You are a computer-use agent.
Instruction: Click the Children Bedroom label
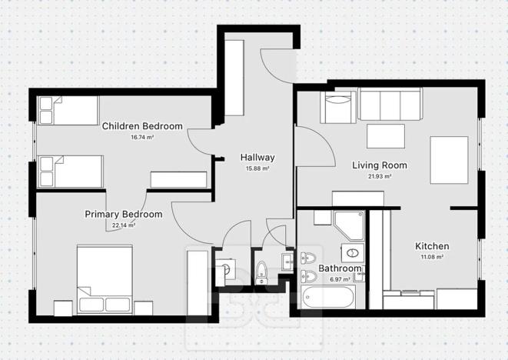coord(141,126)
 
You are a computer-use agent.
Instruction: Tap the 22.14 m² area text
coord(123,225)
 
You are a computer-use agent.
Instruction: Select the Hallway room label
coord(256,158)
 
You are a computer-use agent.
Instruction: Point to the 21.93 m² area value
coord(379,176)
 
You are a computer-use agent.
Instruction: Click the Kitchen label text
coord(432,246)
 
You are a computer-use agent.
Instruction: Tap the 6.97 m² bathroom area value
coord(340,278)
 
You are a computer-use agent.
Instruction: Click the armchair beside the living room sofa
coord(338,108)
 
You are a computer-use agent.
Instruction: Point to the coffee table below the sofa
coord(386,135)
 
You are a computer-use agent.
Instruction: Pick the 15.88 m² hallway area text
coord(257,168)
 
